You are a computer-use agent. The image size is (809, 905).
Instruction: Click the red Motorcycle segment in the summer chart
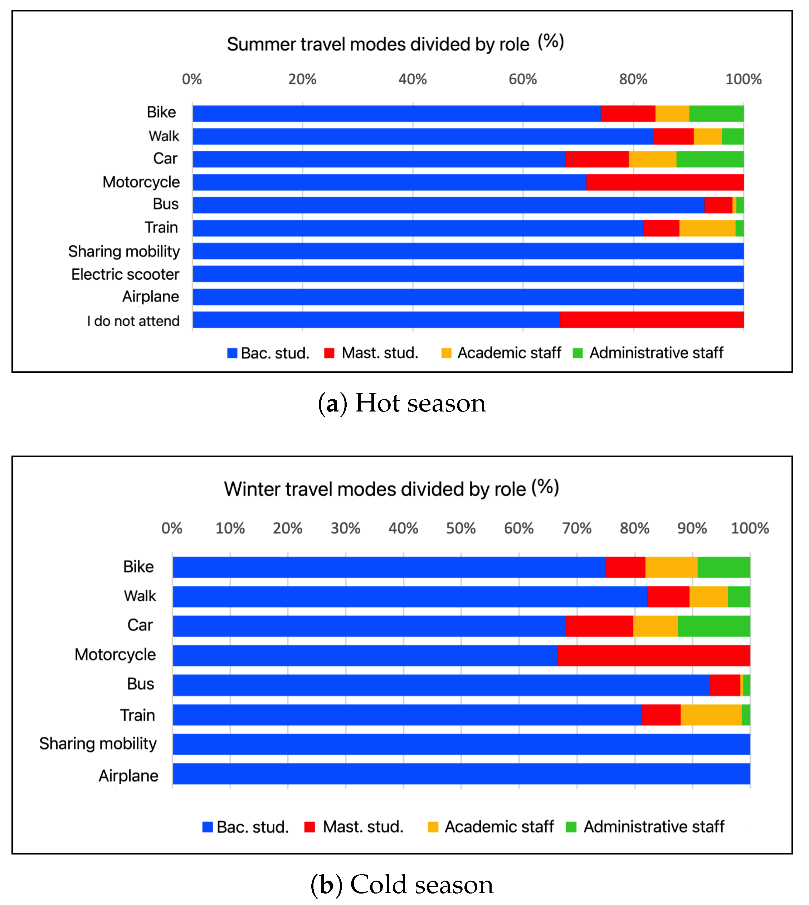(664, 182)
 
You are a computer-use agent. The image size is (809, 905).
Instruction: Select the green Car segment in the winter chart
(714, 626)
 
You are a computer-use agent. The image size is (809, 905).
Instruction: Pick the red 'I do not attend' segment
(652, 320)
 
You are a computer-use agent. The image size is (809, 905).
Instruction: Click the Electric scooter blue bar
(468, 274)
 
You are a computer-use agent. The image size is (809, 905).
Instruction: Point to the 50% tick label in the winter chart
(461, 528)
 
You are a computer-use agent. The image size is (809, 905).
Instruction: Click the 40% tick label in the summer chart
(413, 79)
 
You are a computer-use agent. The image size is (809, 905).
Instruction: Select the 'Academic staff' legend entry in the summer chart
(501, 353)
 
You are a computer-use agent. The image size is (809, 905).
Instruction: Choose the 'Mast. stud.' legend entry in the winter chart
(354, 827)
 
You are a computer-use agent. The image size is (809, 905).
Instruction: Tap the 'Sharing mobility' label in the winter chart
(98, 743)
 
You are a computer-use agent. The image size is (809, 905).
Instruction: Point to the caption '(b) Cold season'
(402, 884)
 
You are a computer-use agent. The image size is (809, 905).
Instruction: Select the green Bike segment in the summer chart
(716, 114)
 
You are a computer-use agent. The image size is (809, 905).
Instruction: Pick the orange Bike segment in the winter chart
(671, 567)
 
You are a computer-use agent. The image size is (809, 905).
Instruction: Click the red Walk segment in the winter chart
(668, 597)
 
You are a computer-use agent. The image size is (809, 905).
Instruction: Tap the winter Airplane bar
(461, 774)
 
